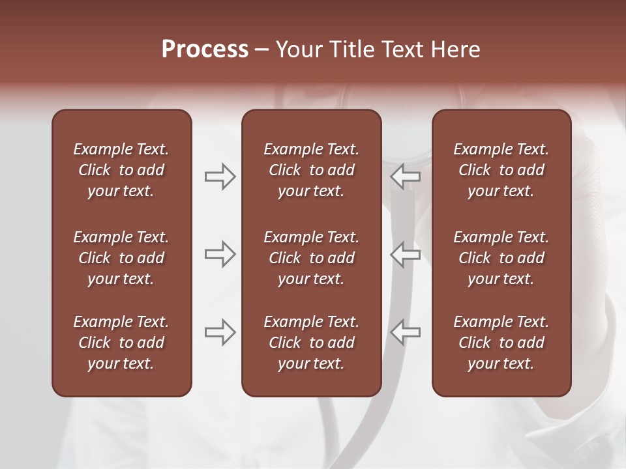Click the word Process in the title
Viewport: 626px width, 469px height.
[x=205, y=50]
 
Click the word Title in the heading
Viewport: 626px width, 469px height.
[x=350, y=50]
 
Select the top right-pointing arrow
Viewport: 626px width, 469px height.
[x=220, y=177]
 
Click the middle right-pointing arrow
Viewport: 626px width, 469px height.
[x=220, y=253]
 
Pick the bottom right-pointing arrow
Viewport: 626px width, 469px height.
[x=220, y=332]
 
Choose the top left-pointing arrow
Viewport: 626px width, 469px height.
[x=405, y=177]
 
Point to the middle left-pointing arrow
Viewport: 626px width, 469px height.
[x=405, y=253]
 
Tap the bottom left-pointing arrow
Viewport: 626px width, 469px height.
[x=405, y=332]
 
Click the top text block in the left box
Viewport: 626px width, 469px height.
[x=121, y=170]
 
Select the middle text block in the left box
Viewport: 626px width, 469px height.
[x=121, y=258]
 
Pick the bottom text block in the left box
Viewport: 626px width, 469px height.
[x=121, y=343]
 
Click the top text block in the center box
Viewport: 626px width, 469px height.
[x=311, y=170]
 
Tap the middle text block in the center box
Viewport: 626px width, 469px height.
[x=311, y=258]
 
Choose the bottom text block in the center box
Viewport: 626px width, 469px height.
[x=311, y=343]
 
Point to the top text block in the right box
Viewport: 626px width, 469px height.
[x=501, y=170]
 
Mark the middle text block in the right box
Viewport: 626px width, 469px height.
[x=501, y=258]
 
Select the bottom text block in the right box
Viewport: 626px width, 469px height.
[x=501, y=343]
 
